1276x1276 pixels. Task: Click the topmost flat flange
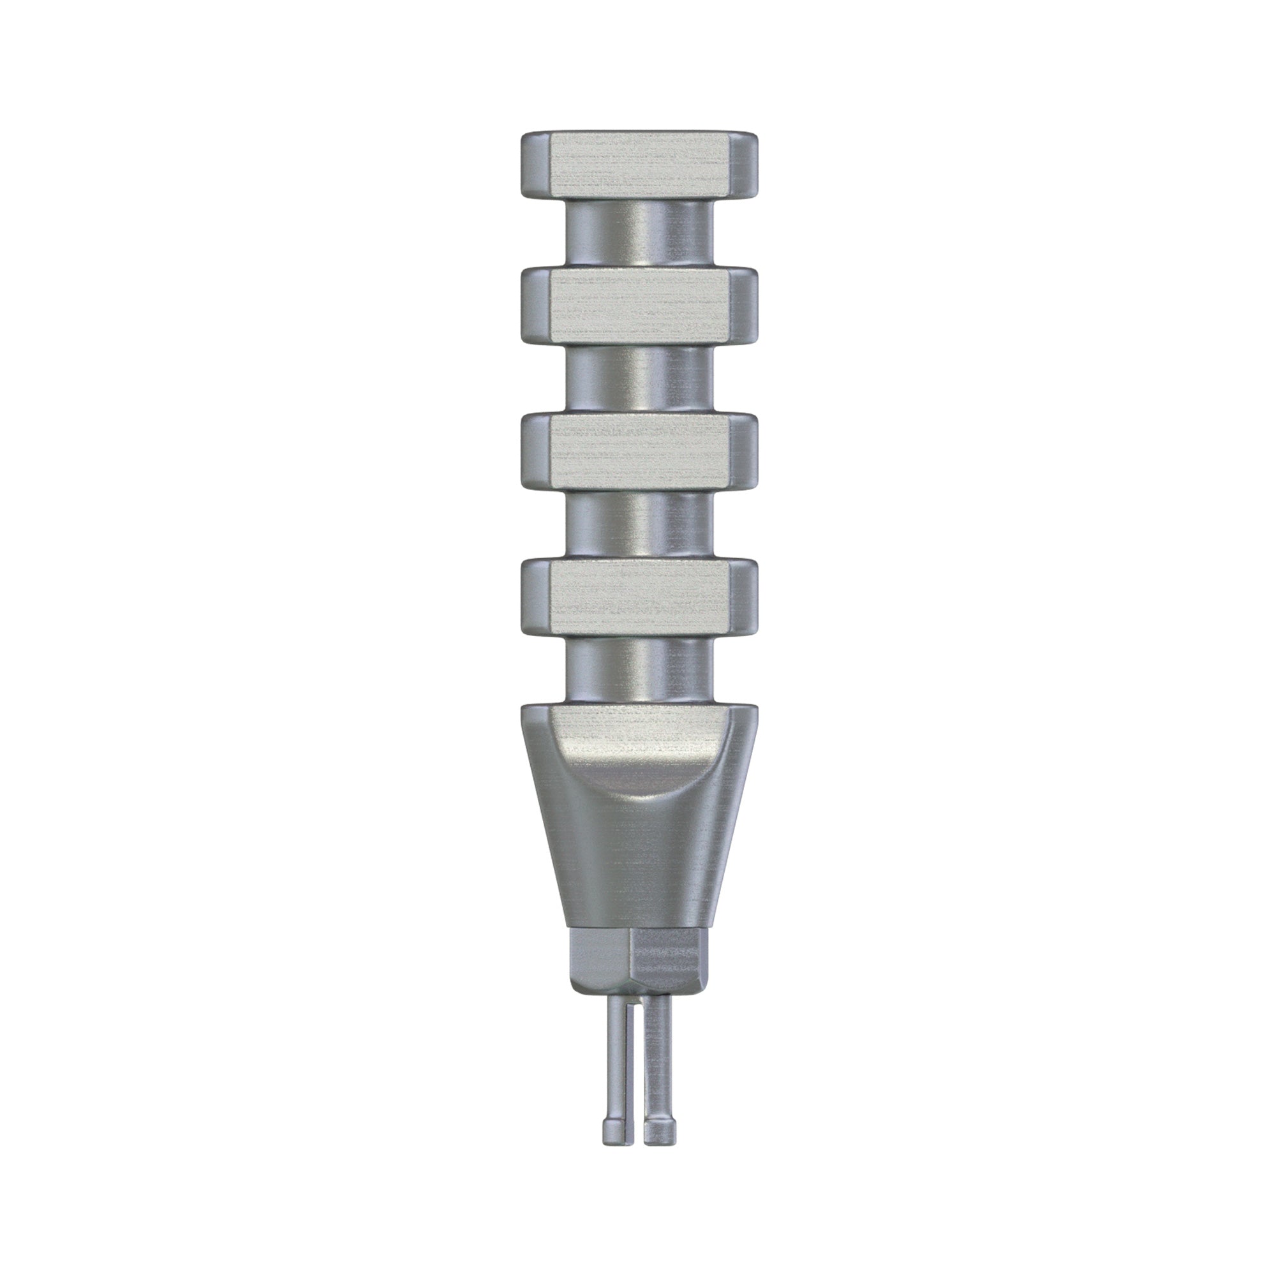[638, 165]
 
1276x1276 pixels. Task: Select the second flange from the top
[638, 304]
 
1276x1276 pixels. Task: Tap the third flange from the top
[638, 449]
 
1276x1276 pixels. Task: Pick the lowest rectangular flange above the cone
[638, 597]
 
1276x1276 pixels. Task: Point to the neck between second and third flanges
[638, 379]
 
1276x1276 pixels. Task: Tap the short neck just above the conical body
[638, 667]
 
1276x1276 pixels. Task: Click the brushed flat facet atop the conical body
[638, 733]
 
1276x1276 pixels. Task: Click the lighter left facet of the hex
[598, 961]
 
